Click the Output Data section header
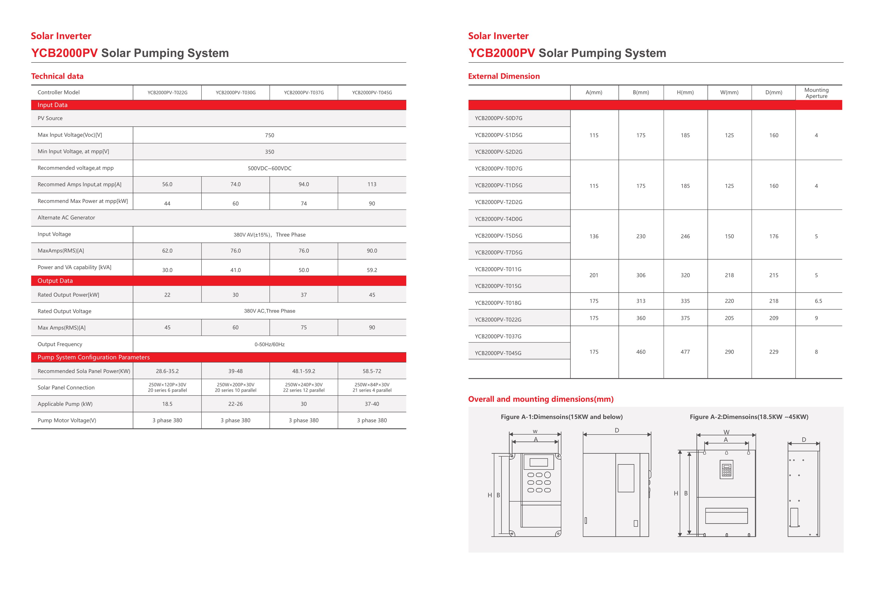[x=55, y=281]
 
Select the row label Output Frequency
[x=60, y=344]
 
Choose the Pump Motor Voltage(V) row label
[x=67, y=420]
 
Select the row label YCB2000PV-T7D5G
[x=498, y=252]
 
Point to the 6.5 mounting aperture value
[x=818, y=301]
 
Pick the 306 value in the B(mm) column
[x=641, y=275]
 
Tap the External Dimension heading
[x=503, y=76]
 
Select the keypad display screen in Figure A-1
[x=538, y=462]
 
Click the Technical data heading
[x=57, y=76]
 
